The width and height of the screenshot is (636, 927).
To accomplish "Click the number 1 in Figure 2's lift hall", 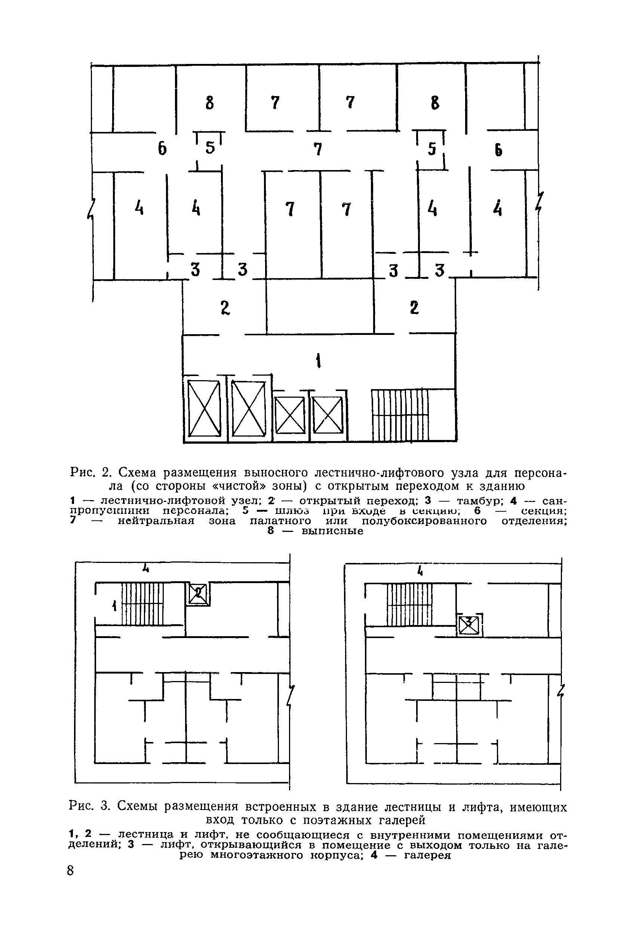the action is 318,362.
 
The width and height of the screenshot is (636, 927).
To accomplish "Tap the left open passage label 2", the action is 225,308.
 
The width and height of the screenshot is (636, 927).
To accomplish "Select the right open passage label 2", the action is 414,308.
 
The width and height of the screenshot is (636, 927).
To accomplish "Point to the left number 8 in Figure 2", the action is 209,103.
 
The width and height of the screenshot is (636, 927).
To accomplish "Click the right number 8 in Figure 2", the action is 435,103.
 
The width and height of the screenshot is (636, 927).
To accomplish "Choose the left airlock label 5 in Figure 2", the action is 210,148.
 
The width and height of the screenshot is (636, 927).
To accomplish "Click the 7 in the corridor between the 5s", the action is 317,149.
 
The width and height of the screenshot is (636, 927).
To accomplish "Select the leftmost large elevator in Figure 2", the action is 204,409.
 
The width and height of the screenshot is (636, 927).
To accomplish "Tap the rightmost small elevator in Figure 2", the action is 328,415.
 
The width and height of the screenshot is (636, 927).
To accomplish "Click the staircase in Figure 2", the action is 399,415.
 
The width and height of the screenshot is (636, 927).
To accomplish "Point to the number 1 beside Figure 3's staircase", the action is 114,607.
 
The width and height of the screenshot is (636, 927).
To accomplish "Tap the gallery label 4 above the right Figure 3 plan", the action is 420,572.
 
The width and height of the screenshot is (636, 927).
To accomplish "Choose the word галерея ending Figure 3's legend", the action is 427,855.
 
